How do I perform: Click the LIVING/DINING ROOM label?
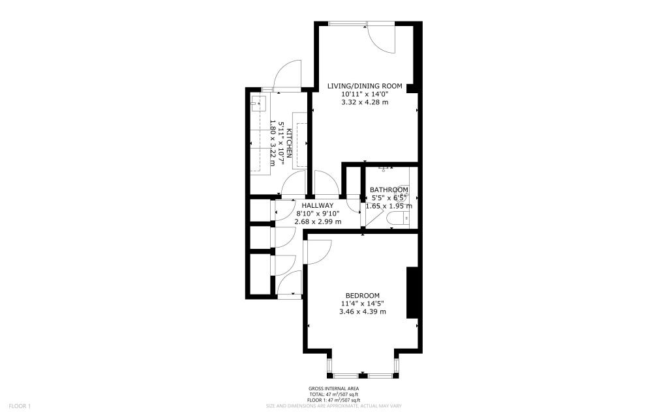point(365,86)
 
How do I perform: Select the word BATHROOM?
point(389,190)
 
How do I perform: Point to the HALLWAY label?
point(318,205)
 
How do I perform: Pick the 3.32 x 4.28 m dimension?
point(365,102)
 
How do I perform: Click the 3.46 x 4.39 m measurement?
point(362,311)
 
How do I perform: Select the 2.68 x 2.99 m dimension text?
point(318,222)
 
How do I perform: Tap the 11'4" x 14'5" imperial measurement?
point(362,303)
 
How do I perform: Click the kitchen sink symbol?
point(257,102)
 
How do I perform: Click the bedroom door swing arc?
point(319,251)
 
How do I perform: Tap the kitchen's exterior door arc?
point(287,73)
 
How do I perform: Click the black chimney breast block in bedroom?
point(412,293)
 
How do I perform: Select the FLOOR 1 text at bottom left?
point(20,406)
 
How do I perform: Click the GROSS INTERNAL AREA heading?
point(333,389)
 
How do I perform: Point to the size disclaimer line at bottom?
point(333,406)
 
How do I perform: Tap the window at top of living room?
point(347,23)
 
